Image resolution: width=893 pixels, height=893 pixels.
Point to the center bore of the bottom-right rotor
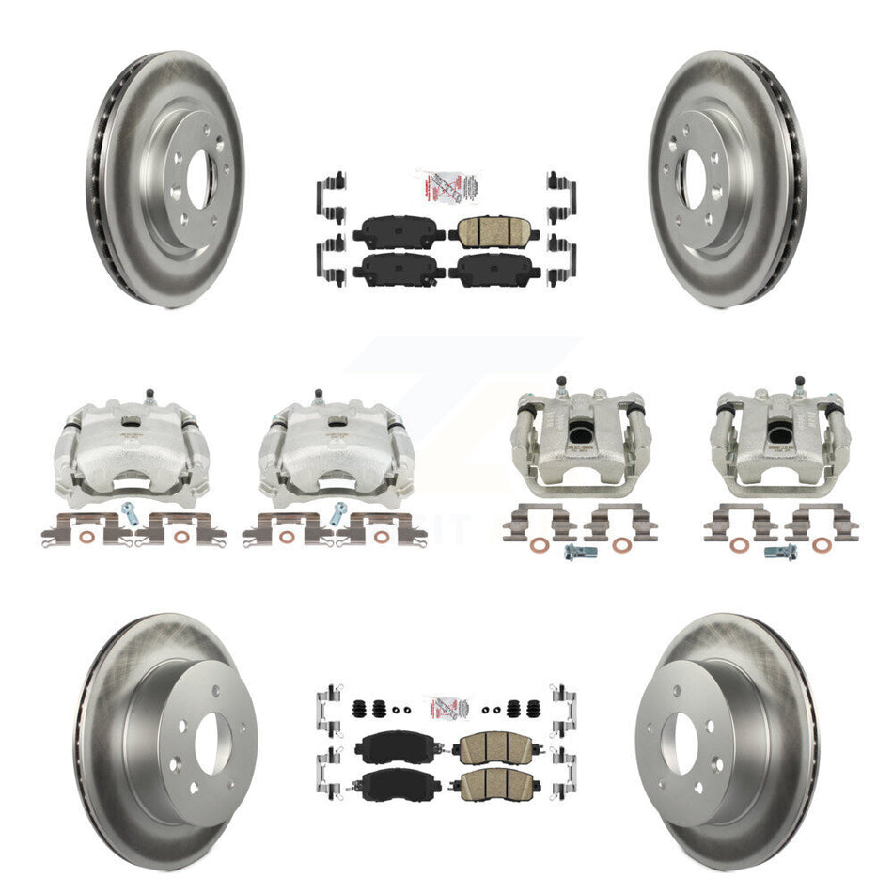[x=680, y=741]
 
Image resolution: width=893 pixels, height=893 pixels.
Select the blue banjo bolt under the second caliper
[x=338, y=514]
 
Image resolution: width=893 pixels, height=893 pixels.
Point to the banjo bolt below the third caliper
[x=574, y=553]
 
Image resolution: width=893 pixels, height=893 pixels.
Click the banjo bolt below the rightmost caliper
[x=779, y=552]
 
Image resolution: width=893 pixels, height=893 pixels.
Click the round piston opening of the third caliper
[x=576, y=431]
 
